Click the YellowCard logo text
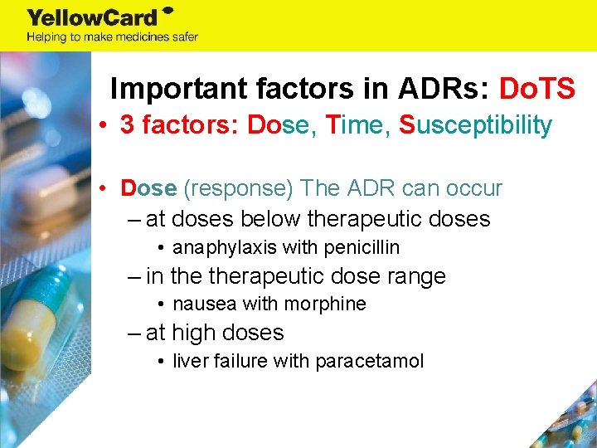tap(93, 17)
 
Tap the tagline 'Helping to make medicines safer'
tap(112, 37)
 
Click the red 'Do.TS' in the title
tap(536, 89)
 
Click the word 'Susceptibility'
tap(475, 125)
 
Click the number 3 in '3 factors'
tap(127, 125)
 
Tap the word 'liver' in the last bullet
tap(191, 361)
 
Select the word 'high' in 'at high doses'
tap(194, 333)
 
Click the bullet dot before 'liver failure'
tap(161, 361)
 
